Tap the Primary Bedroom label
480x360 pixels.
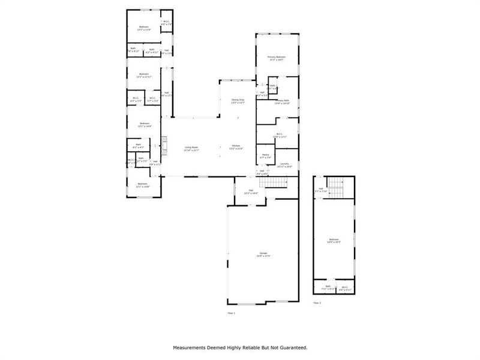click(x=277, y=58)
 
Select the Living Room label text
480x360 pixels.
click(x=192, y=148)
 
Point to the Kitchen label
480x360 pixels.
click(x=236, y=148)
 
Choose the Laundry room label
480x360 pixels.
click(x=284, y=164)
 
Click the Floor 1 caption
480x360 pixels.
click(x=232, y=313)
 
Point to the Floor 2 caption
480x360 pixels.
click(x=317, y=303)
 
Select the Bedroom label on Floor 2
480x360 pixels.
click(x=334, y=241)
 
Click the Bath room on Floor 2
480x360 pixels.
click(x=328, y=287)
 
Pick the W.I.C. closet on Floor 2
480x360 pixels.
click(x=344, y=287)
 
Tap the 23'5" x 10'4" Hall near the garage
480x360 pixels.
click(x=250, y=193)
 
